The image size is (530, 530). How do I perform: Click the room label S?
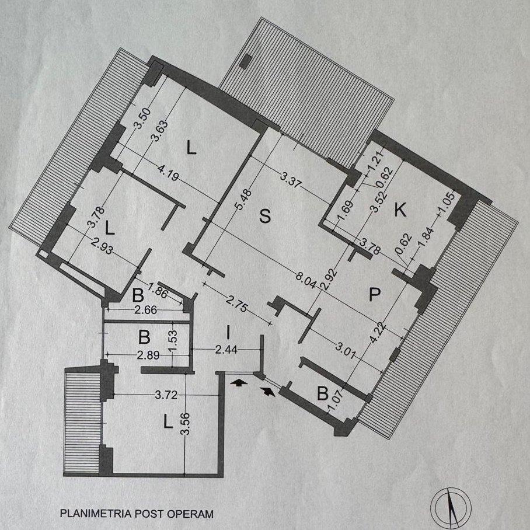point(265,215)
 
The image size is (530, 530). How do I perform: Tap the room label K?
point(400,210)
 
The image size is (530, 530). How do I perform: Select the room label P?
point(375,294)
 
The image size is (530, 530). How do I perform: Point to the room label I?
point(228,333)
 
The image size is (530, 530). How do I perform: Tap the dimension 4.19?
point(168,172)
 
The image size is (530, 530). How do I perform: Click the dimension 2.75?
point(238,304)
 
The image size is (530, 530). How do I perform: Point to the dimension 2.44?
point(226,350)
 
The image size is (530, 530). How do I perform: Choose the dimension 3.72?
point(166,395)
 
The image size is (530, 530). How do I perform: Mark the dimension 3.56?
point(186,424)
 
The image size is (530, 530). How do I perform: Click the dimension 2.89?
point(148,355)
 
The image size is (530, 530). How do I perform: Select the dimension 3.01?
point(346,350)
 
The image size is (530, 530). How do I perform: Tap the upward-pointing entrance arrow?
point(239,383)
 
